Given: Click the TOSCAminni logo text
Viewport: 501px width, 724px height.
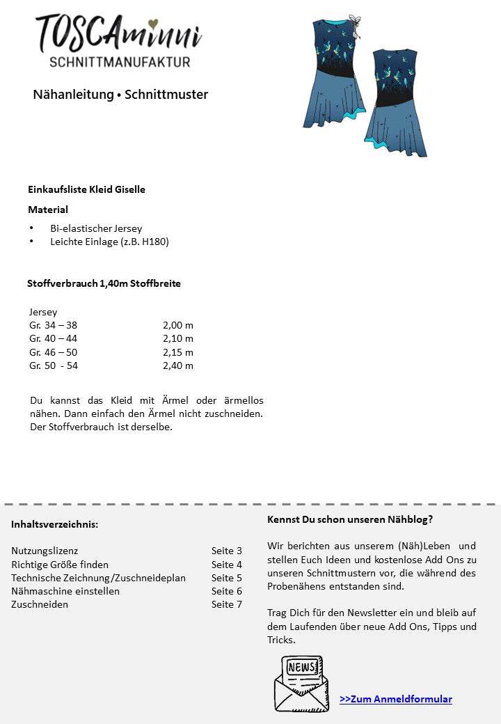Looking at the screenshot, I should click(118, 33).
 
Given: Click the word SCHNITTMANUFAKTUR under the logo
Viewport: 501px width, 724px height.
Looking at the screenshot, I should click(120, 62).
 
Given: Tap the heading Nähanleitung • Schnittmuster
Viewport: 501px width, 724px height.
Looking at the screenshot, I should click(120, 94).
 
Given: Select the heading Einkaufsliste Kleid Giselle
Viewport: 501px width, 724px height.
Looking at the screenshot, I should click(86, 189).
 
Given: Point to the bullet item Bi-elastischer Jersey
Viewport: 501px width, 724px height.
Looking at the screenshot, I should click(96, 228).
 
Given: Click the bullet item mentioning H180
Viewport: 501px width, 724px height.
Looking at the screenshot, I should click(109, 242).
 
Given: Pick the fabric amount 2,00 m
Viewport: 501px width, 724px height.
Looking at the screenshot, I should click(178, 325).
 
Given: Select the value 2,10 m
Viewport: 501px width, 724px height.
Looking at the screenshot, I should click(178, 338).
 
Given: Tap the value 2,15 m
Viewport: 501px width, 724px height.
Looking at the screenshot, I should click(178, 352).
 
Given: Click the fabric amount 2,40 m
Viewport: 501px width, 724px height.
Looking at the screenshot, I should click(178, 365).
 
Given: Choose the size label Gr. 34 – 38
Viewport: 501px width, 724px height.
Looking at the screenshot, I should click(53, 325).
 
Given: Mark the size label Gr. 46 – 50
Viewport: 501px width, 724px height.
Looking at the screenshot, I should click(53, 352).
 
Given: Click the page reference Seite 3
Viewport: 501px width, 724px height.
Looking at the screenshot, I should click(227, 551).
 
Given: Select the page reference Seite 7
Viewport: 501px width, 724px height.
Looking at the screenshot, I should click(227, 604).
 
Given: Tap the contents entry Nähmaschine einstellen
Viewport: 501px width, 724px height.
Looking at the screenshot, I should click(65, 591).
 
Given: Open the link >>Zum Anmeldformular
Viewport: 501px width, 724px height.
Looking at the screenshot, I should click(396, 699).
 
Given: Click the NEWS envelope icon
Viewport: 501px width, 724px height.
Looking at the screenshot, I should click(301, 683).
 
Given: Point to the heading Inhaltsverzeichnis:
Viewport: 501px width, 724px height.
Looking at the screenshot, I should click(54, 524).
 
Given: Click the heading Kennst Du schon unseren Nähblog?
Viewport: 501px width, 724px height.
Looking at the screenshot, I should click(349, 519).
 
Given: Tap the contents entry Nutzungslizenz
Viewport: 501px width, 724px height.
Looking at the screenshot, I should click(45, 551).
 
